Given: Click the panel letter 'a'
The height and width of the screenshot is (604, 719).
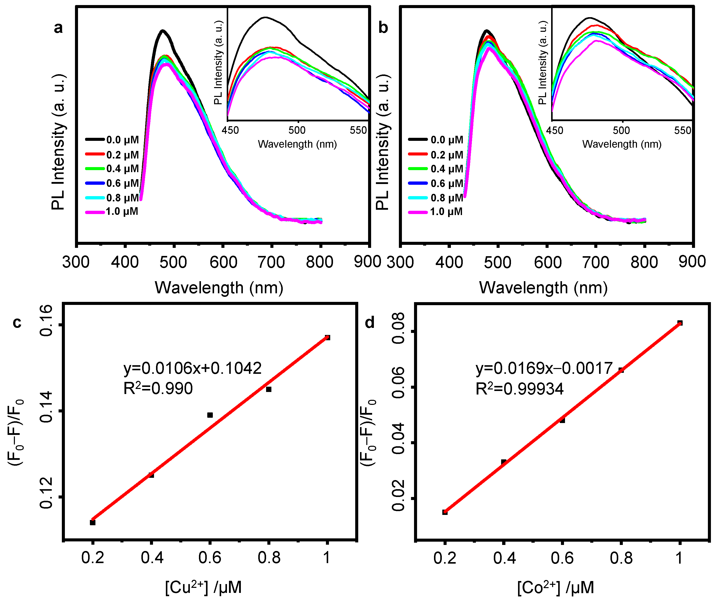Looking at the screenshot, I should [x=58, y=28].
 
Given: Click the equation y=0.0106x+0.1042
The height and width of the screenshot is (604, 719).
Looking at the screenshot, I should [x=193, y=368].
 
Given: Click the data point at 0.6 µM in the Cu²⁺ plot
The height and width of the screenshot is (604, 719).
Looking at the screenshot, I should [x=210, y=415].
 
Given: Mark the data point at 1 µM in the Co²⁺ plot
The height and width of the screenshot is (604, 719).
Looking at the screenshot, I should [x=680, y=323].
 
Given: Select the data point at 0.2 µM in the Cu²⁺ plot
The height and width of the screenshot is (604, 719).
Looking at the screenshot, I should [x=92, y=522].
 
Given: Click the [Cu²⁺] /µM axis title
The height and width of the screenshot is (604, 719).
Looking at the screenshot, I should [x=203, y=588].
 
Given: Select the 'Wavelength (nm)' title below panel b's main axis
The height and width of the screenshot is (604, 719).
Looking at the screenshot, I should [x=543, y=288].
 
